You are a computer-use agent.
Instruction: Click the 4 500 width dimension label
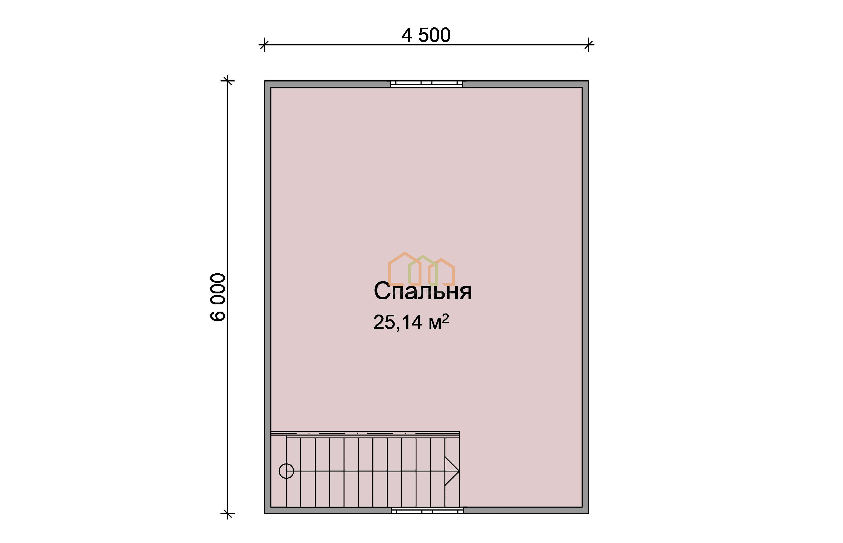point(426,35)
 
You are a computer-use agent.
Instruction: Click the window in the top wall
point(426,84)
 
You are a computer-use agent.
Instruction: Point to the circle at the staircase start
point(286,471)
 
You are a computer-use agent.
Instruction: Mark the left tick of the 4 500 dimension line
point(264,45)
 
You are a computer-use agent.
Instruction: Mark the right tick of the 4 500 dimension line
point(589,45)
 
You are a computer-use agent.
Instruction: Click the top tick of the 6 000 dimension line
point(228,81)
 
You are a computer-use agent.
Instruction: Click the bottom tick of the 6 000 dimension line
point(228,513)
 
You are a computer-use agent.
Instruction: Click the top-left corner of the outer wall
point(264,81)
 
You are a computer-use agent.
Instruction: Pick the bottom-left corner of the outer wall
point(264,513)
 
